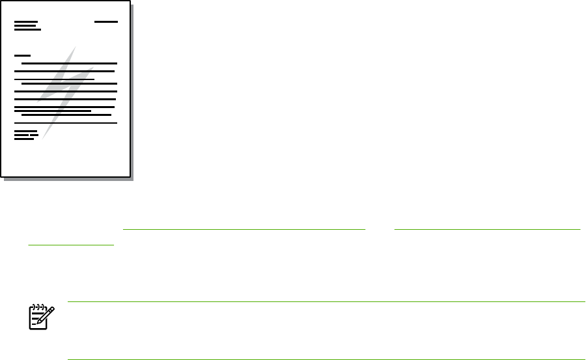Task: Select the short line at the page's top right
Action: coord(106,21)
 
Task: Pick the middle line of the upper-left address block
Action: coord(25,25)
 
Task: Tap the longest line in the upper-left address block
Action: coord(27,29)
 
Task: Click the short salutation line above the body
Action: coord(22,56)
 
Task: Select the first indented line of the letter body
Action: coord(69,63)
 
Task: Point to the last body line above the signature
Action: coord(65,122)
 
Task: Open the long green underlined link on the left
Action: coord(244,230)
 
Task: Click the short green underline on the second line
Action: coord(71,245)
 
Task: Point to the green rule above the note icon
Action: coord(326,301)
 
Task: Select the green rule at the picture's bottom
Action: coord(326,359)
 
